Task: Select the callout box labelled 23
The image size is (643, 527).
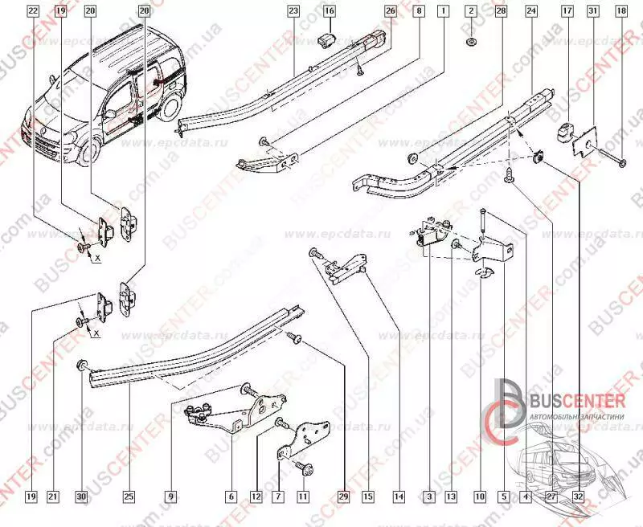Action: [293, 12]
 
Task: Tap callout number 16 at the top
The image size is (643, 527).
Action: [330, 12]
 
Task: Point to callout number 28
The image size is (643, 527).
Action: [502, 12]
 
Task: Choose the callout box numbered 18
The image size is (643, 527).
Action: [620, 12]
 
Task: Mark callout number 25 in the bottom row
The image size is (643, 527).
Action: [129, 497]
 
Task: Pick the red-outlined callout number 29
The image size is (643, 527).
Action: [345, 497]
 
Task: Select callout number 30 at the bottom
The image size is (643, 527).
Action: [81, 497]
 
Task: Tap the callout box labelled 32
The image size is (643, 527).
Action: [579, 497]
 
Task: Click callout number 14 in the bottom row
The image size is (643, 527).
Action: [398, 497]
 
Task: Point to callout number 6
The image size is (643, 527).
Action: [231, 497]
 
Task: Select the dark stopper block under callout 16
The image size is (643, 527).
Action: [328, 40]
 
